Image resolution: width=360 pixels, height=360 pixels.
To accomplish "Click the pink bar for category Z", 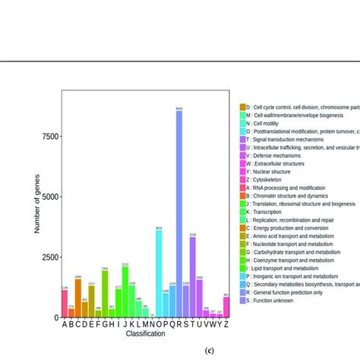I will [x=226, y=307].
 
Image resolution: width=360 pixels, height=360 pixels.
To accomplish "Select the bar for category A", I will [x=65, y=304].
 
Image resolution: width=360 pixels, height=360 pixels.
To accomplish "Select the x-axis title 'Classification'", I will [x=144, y=334].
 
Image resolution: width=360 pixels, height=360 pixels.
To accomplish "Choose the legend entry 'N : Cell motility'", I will [x=270, y=123].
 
